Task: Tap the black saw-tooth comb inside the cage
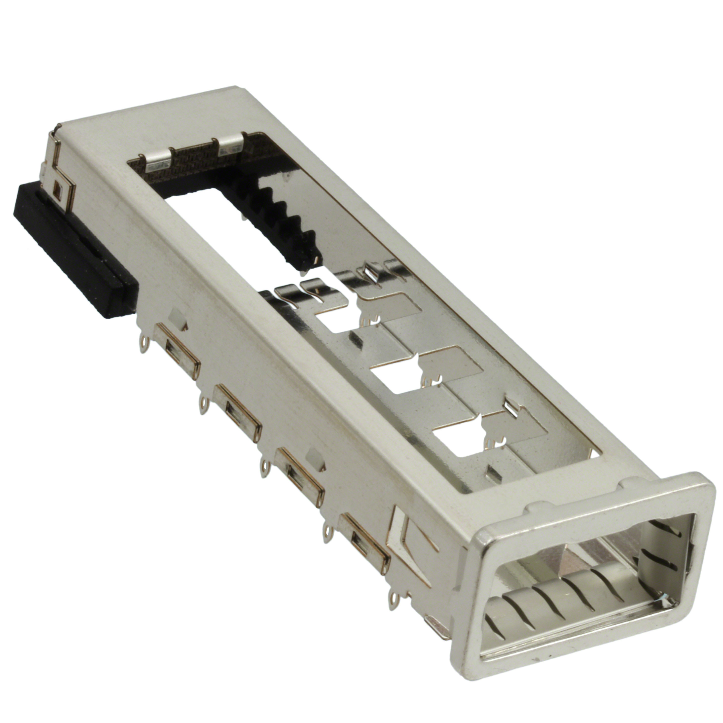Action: click(285, 221)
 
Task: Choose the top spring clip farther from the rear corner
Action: click(230, 146)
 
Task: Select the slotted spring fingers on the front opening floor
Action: click(561, 603)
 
